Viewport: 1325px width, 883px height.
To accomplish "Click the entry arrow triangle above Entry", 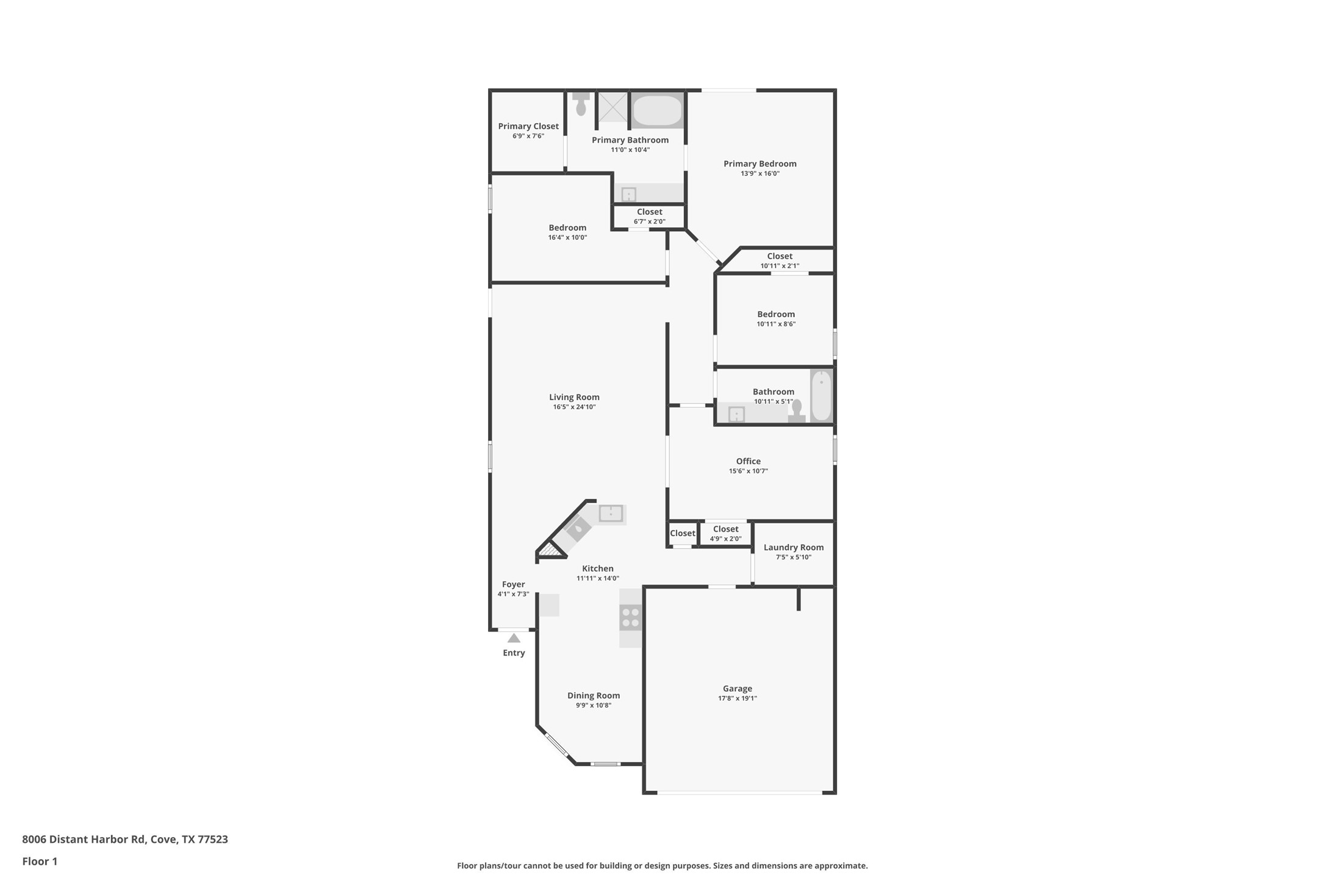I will tap(514, 638).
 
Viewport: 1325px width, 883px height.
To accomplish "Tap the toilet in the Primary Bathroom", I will tap(581, 105).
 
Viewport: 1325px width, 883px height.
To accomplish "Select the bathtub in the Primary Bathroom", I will tap(657, 110).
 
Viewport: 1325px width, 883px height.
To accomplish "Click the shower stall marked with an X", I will tap(612, 107).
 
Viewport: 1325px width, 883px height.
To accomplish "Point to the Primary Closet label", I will tap(528, 126).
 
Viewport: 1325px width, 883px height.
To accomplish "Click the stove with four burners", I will tap(631, 617).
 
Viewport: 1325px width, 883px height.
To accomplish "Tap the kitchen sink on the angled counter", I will tap(578, 528).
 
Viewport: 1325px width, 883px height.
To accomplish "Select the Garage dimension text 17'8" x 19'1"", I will tap(737, 699).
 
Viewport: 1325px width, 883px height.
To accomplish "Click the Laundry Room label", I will tap(793, 548).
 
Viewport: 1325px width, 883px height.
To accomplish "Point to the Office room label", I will tap(748, 462).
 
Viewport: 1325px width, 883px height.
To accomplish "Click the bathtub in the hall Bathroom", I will tap(821, 395).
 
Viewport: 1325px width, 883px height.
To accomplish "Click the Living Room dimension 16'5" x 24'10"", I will tap(574, 407).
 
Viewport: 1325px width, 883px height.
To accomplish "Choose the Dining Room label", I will tap(593, 696).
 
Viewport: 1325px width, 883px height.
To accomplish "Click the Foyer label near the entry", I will tap(513, 584).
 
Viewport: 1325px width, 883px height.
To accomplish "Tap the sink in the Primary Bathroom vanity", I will tap(628, 195).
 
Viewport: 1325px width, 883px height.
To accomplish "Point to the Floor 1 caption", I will tap(40, 862).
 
